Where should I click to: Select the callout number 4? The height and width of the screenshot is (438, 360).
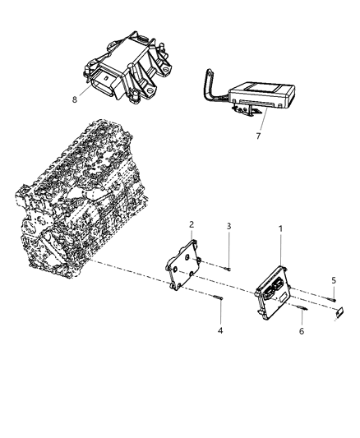(x=220, y=331)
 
